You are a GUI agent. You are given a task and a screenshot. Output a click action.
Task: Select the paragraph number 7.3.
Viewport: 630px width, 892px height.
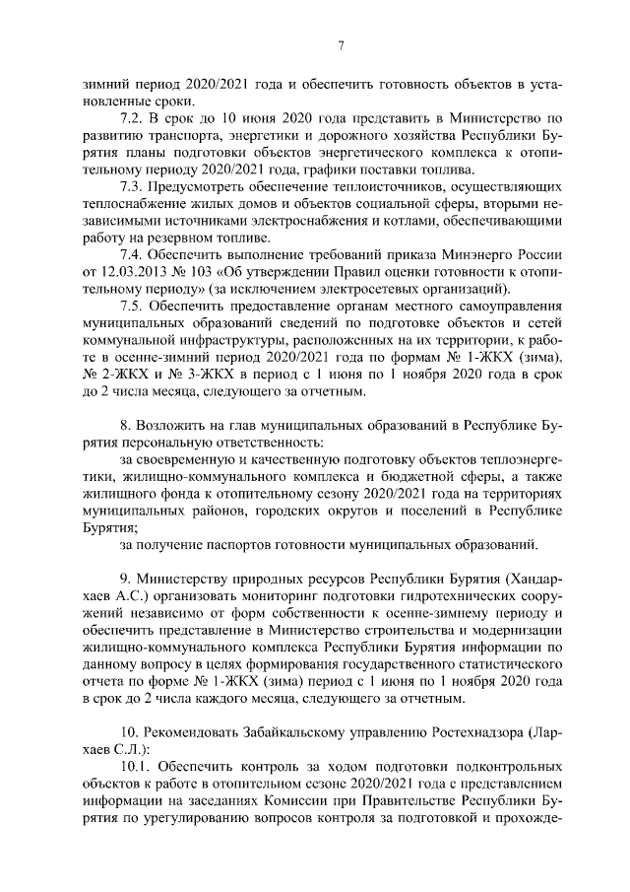coord(131,186)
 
